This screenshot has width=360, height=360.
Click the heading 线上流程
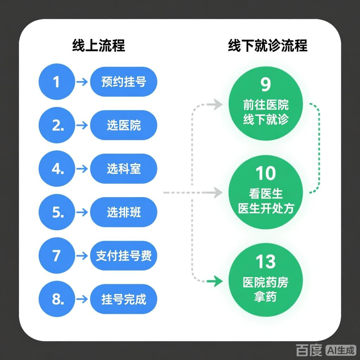[98, 46]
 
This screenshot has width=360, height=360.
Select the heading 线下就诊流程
[268, 46]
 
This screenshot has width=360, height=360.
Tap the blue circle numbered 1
[57, 82]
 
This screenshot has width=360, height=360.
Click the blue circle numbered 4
[57, 169]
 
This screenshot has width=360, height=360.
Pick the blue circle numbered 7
[57, 256]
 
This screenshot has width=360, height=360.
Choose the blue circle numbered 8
[57, 299]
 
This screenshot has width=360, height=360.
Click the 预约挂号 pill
[123, 82]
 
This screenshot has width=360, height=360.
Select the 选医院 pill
[123, 126]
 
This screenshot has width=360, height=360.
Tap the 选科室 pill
[123, 169]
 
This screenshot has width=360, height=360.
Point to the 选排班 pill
[123, 212]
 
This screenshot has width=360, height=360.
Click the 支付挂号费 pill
[123, 256]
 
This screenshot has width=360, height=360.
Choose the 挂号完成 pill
[123, 299]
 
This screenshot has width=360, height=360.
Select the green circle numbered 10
[266, 193]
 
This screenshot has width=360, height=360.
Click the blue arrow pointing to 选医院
[82, 126]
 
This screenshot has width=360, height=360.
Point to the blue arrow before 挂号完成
[82, 299]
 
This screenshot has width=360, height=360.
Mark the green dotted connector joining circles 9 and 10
[318, 148]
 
